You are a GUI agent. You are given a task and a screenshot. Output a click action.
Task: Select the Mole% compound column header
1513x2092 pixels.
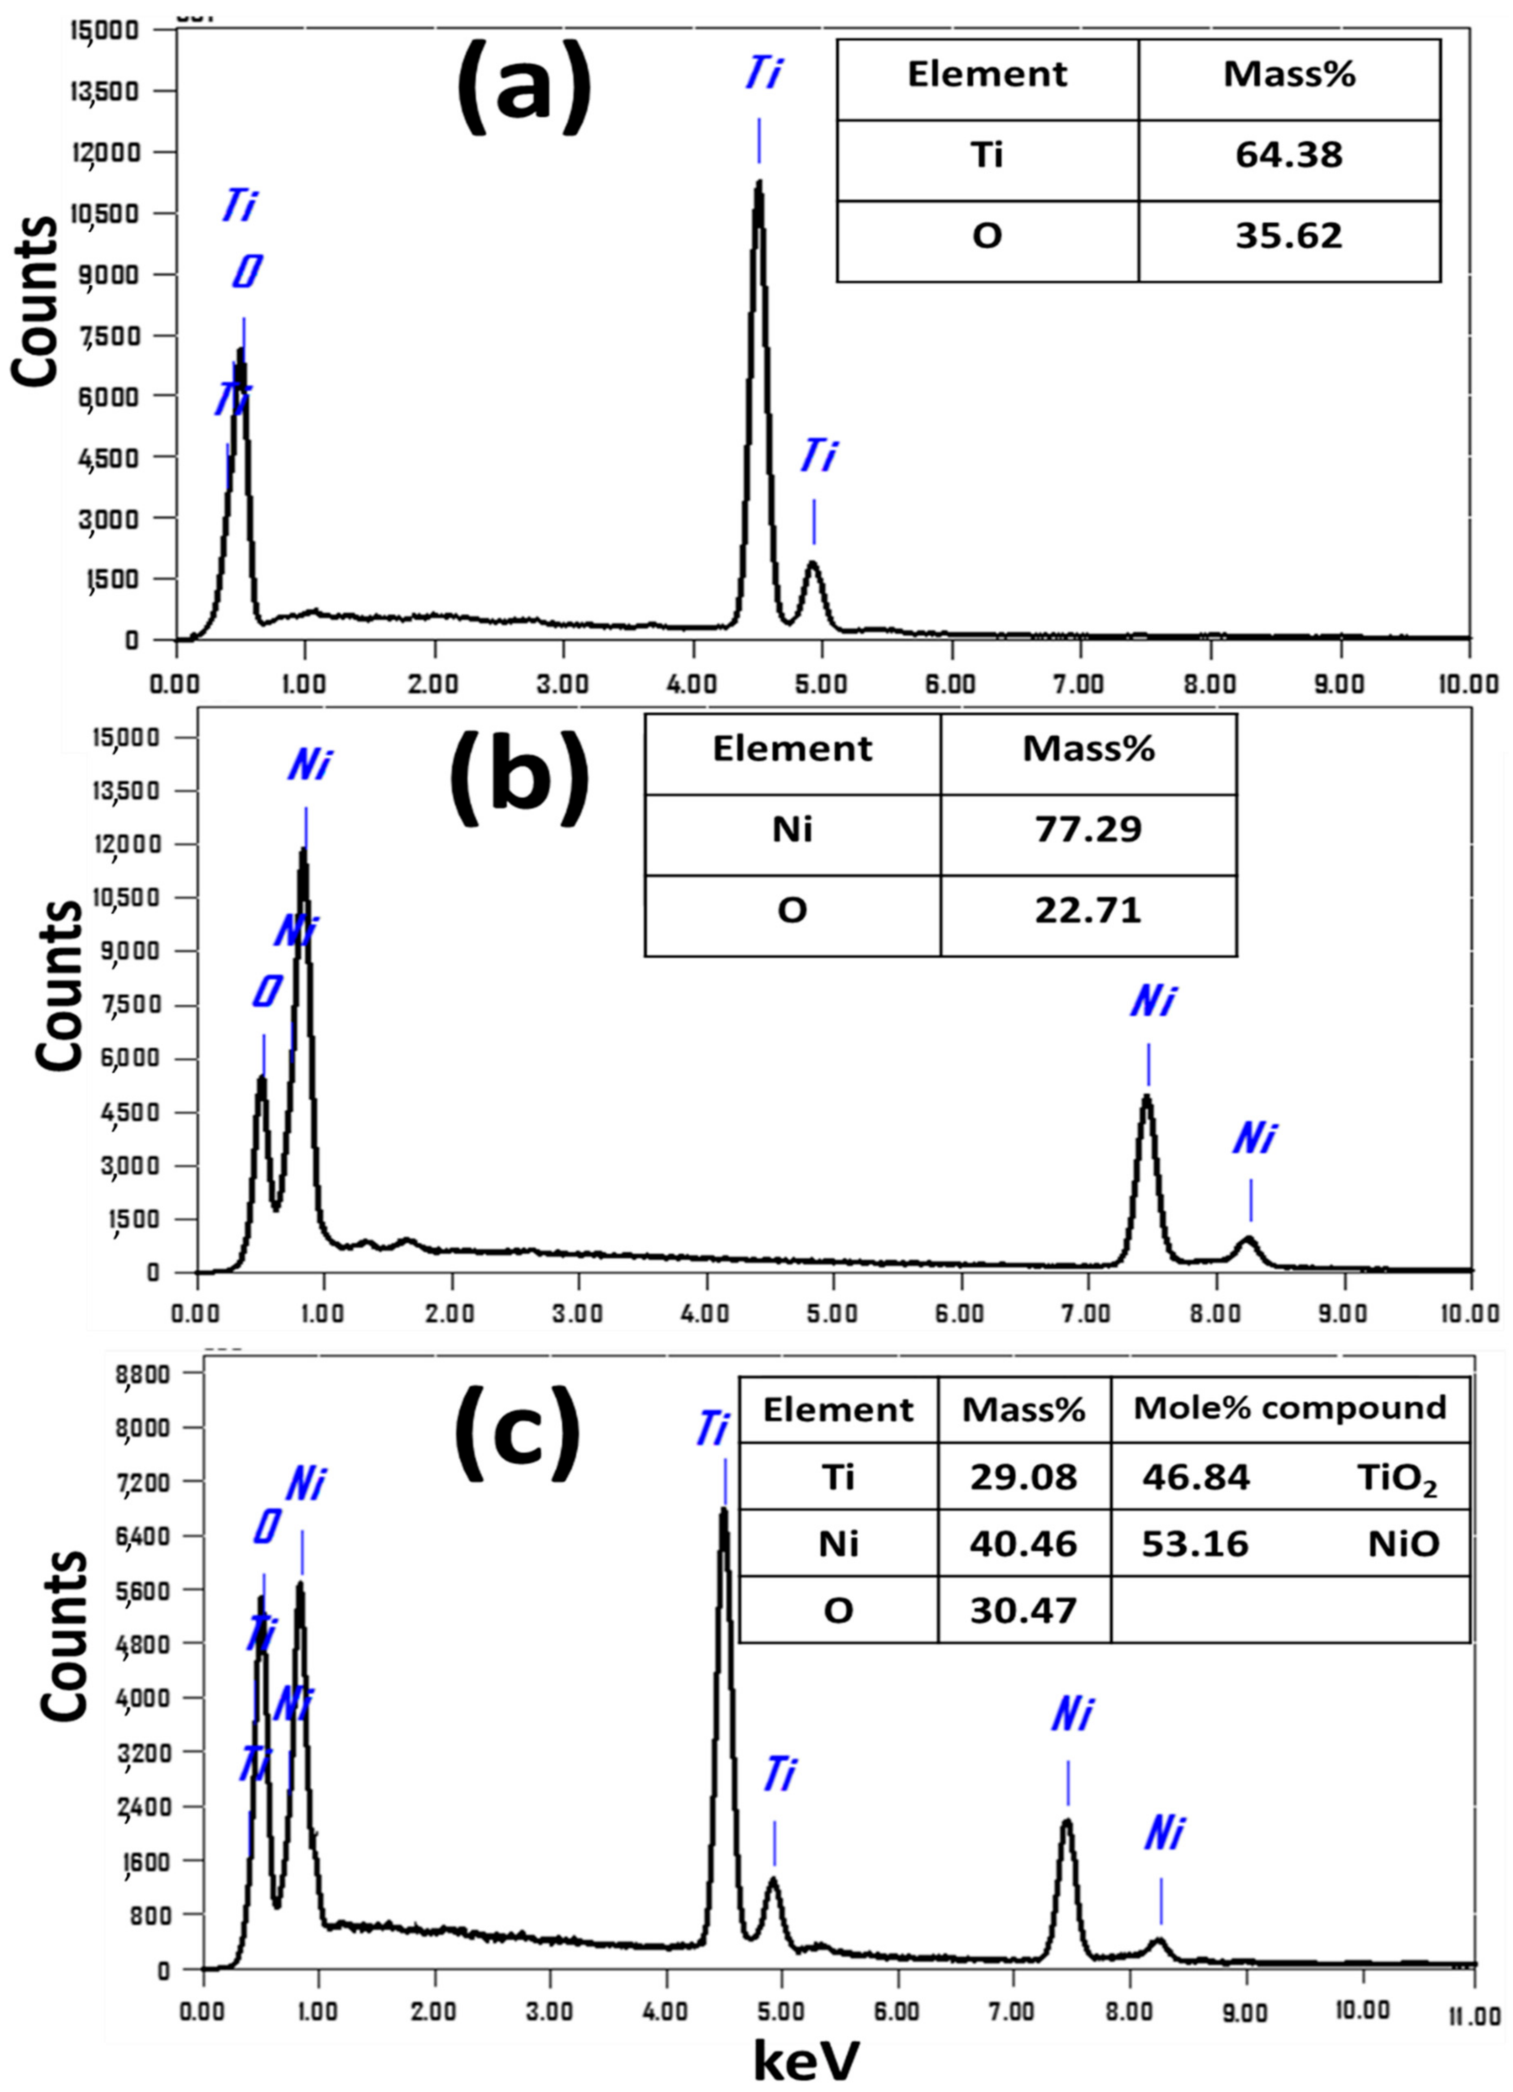click(1289, 1408)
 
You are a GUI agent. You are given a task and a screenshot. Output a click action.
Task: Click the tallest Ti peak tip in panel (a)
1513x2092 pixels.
click(759, 182)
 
